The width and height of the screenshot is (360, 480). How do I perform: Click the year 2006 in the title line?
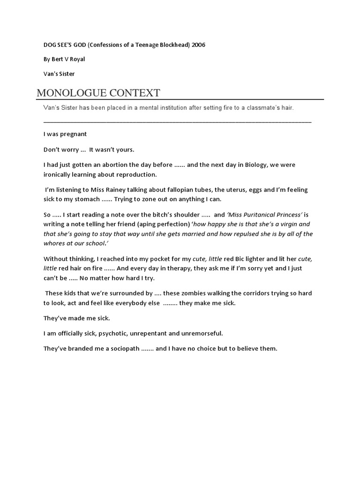coord(198,45)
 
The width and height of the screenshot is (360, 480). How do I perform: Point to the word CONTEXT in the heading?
coord(136,92)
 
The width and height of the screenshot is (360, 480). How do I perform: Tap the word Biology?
coord(257,165)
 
